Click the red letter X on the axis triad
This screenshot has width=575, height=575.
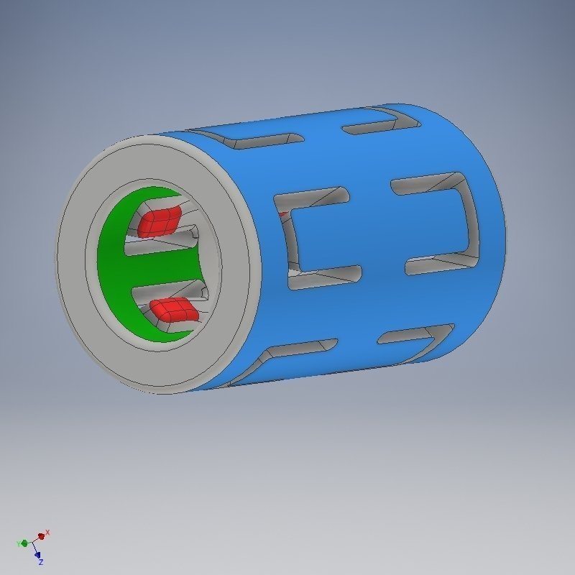(x=47, y=533)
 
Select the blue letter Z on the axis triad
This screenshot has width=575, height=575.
(x=41, y=561)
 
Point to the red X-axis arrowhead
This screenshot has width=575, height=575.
(x=42, y=536)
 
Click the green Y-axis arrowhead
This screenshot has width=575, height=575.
(x=24, y=543)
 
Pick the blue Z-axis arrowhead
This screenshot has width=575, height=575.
(x=37, y=554)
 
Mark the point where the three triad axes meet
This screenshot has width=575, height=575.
(x=33, y=542)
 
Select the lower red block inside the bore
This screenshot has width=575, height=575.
(x=173, y=309)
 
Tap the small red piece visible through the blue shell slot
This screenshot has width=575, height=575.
(x=283, y=213)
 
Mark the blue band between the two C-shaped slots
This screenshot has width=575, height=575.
(x=377, y=230)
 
